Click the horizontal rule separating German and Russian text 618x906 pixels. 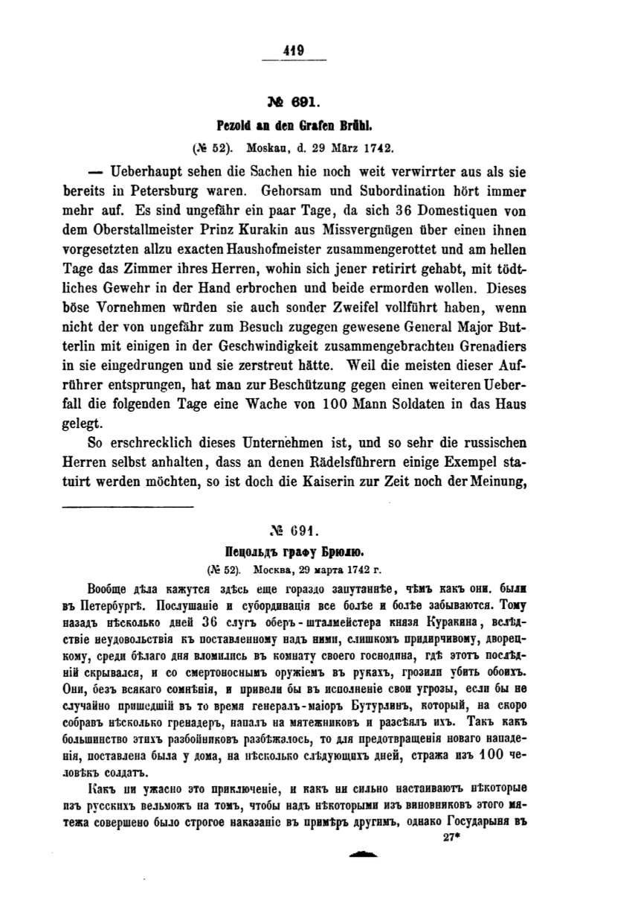pyautogui.click(x=127, y=508)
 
